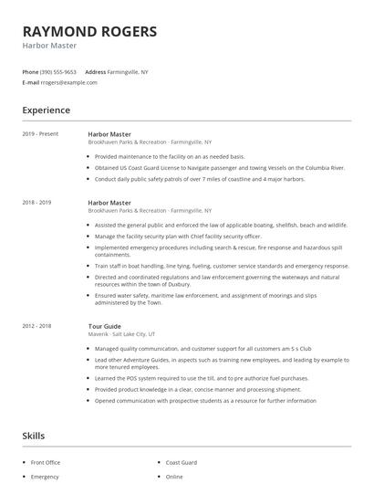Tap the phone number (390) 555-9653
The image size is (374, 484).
point(59,71)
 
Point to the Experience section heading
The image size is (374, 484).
point(47,110)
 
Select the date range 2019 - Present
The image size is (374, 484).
point(40,134)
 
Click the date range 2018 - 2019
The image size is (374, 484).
point(36,202)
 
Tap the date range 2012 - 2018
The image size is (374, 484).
point(36,325)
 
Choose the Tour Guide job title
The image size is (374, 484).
point(105,325)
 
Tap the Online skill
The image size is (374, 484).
point(175,476)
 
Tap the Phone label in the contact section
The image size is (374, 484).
point(30,71)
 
